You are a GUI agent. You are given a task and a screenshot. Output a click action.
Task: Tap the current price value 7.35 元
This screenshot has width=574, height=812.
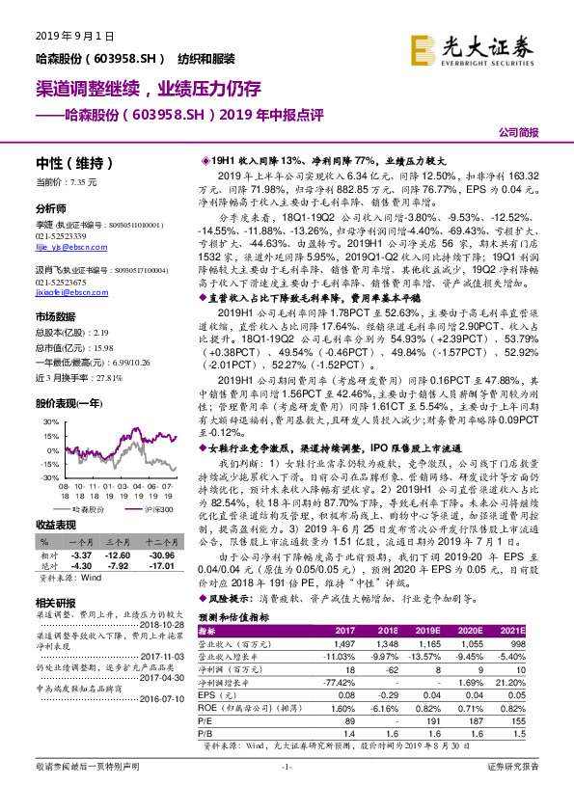(x=81, y=181)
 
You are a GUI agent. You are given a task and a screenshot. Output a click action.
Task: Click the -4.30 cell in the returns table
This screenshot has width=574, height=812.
(x=81, y=567)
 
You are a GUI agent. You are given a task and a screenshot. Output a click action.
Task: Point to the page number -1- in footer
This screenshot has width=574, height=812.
(x=286, y=792)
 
